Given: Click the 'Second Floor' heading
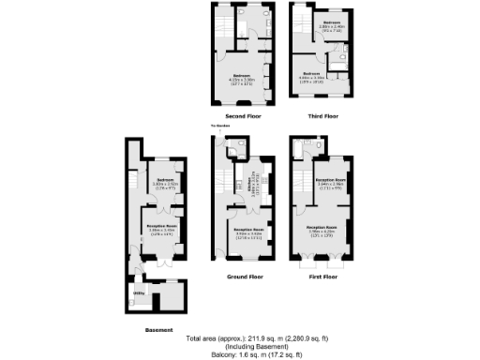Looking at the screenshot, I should point(243,116).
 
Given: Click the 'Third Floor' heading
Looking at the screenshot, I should point(323,116).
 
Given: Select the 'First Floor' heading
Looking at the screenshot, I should point(323,277).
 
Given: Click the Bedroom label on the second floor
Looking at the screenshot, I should point(242,78).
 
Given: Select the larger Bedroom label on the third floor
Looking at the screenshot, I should point(312,74).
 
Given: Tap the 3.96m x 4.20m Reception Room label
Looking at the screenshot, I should point(324,228).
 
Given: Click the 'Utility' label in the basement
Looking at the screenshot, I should point(139,293).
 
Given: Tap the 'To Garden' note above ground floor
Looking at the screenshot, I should point(219,125).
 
